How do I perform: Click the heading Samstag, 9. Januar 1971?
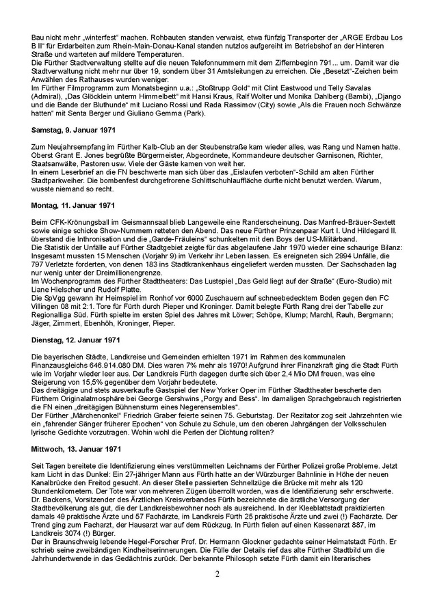point(73,130)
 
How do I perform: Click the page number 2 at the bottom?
point(217,592)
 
